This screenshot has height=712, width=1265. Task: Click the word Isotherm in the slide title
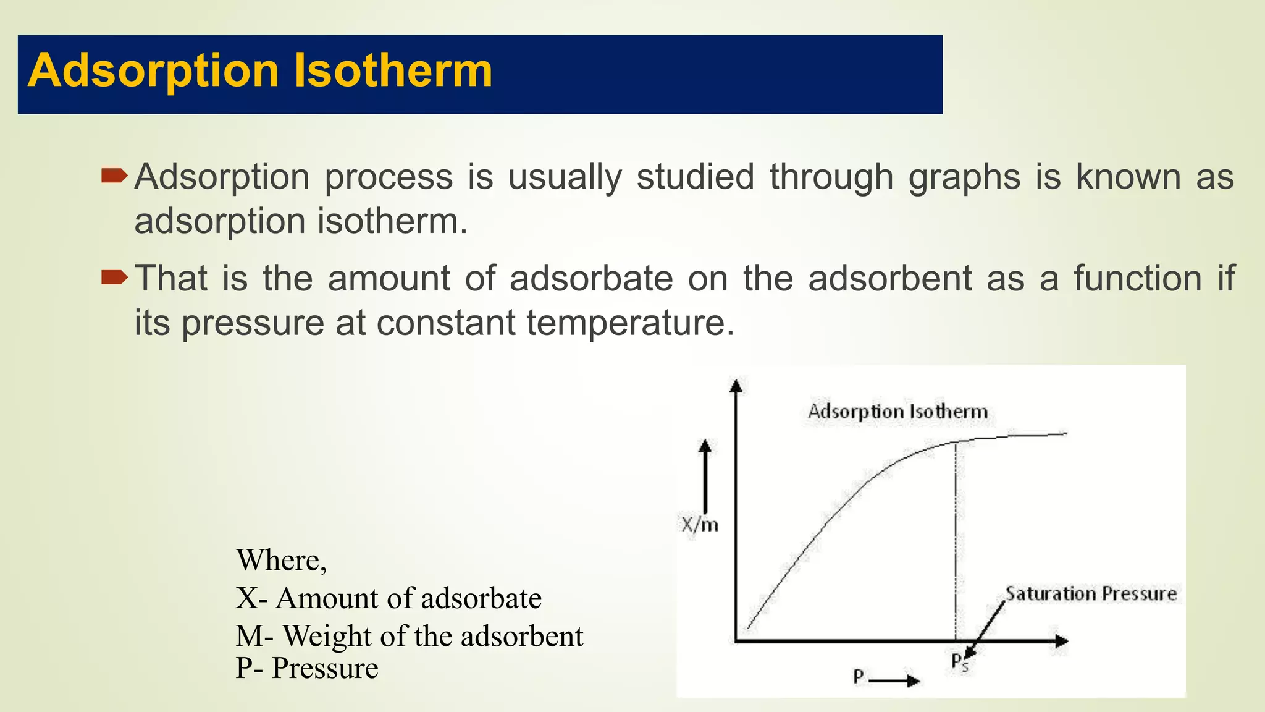coord(393,70)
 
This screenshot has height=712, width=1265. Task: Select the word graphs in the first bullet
coord(964,178)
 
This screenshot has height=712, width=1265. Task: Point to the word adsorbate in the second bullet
coord(591,278)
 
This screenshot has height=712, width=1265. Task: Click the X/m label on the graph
coord(700,525)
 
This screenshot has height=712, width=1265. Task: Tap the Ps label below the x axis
coord(959,662)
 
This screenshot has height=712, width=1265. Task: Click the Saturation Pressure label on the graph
coord(1091,594)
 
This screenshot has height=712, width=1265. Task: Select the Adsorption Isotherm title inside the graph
coord(897,412)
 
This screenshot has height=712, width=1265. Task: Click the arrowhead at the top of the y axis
coord(736,386)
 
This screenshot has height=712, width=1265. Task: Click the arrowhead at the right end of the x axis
coord(1061,641)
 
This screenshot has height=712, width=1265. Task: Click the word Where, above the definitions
coord(281,561)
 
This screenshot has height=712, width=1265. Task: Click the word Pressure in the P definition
coord(325,668)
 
